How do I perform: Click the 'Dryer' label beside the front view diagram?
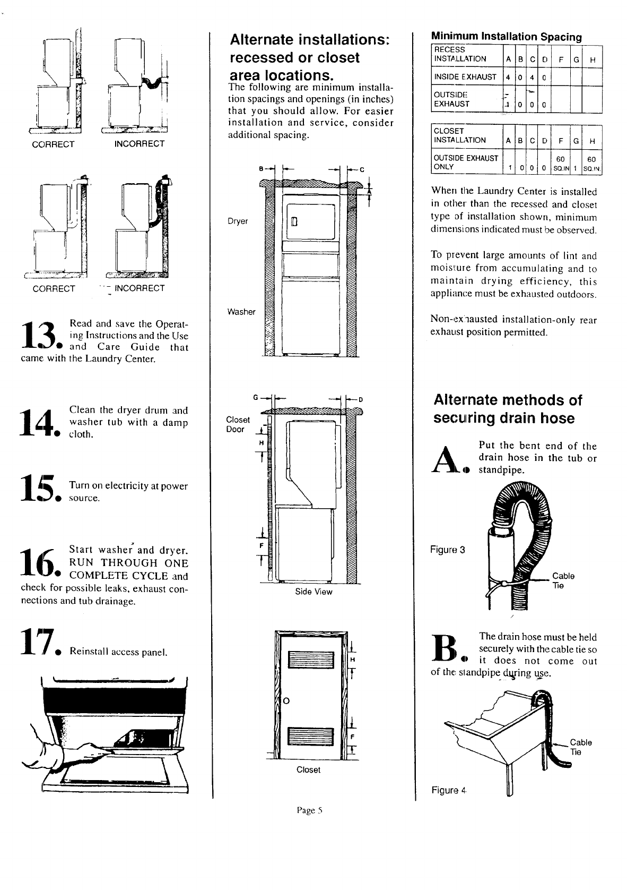(238, 221)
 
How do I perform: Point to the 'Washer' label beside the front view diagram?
(241, 312)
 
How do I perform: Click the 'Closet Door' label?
(238, 424)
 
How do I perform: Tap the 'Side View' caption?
(313, 592)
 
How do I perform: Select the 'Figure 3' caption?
(448, 550)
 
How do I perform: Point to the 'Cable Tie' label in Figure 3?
(563, 580)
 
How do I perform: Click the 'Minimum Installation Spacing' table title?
(506, 37)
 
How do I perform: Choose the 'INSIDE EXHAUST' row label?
(465, 76)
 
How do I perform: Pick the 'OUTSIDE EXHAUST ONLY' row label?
(466, 162)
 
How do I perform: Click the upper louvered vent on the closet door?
(308, 661)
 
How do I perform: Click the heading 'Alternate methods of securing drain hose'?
(507, 409)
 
